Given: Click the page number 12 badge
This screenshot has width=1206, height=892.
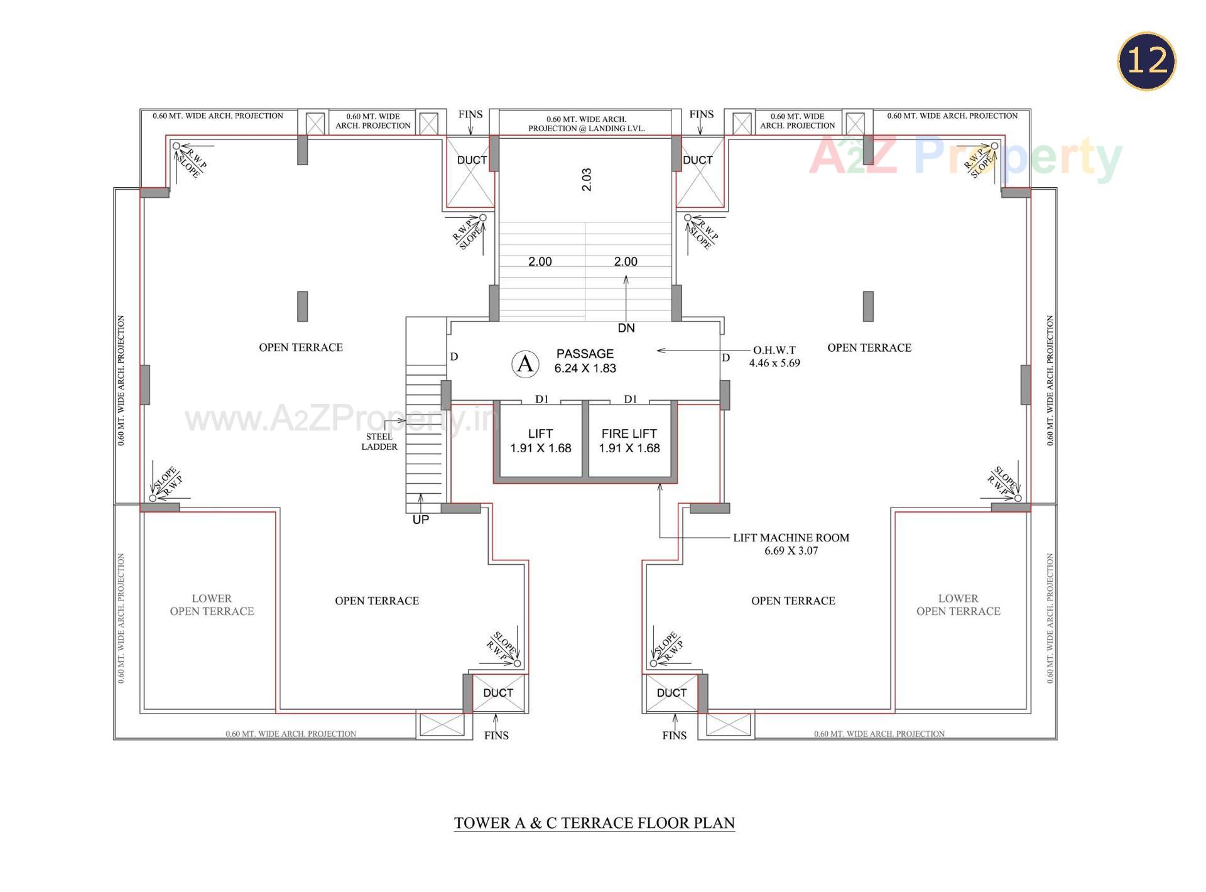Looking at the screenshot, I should tap(1146, 61).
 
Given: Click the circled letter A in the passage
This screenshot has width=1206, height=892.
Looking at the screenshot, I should tap(525, 364).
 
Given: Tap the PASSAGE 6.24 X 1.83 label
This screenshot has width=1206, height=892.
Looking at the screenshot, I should tap(585, 361).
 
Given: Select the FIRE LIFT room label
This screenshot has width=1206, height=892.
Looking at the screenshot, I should tap(629, 440).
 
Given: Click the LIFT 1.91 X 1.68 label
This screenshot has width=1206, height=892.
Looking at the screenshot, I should tap(540, 441).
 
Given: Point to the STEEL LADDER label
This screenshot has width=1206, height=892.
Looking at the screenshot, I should tap(379, 442).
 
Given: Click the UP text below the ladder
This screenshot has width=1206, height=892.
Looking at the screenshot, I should tap(420, 519).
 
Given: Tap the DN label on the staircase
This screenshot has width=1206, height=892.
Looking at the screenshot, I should tap(626, 328).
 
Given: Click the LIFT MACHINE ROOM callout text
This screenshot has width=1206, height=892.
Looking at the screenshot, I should tap(791, 544).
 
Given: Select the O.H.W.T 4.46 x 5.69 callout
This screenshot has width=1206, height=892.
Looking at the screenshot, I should tap(774, 356).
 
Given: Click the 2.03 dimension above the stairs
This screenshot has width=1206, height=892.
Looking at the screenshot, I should tap(586, 180).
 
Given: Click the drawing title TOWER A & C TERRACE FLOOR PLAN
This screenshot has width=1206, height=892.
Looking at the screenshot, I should tap(594, 823).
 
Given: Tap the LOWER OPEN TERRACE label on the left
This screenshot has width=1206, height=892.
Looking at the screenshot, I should tap(212, 605).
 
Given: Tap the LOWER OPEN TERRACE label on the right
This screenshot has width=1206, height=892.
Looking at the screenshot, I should tap(958, 605).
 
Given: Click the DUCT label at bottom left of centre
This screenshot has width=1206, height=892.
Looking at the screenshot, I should tap(498, 692).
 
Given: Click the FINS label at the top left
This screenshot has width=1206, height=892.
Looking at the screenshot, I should tap(470, 114).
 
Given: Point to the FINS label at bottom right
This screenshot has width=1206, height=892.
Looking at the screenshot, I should tap(674, 735).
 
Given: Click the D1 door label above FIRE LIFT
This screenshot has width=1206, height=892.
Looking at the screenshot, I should tap(631, 399).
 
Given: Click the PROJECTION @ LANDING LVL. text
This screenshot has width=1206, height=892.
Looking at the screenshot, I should tap(586, 128).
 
